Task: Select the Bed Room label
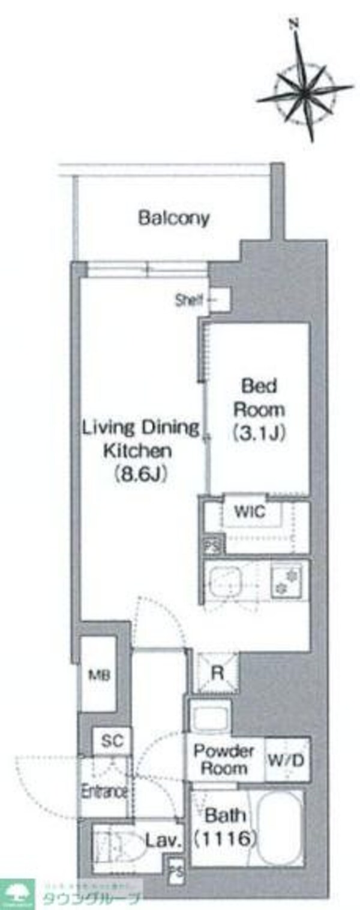pyautogui.click(x=259, y=398)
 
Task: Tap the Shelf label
pyautogui.click(x=190, y=299)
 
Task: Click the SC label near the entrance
pyautogui.click(x=112, y=741)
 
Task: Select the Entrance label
pyautogui.click(x=104, y=791)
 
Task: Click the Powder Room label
pyautogui.click(x=224, y=759)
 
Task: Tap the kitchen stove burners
pyautogui.click(x=287, y=581)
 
